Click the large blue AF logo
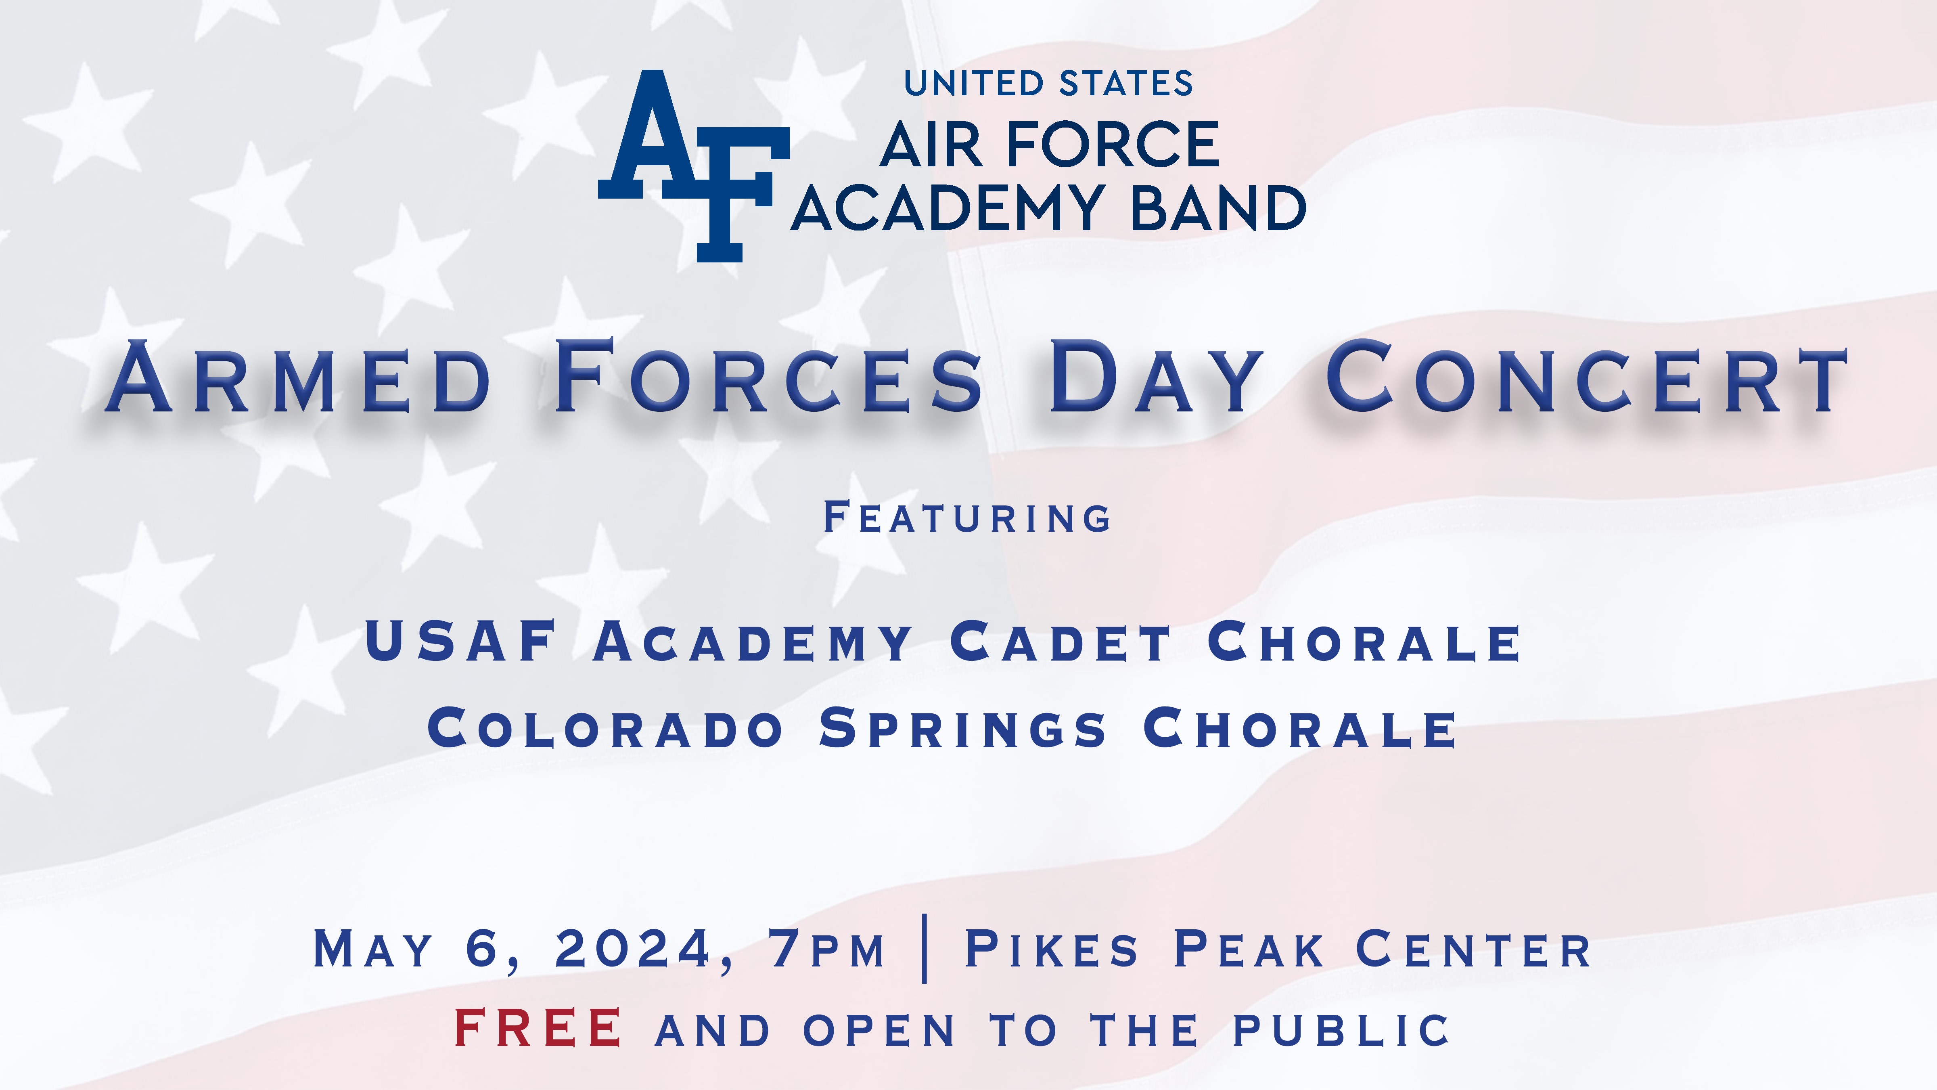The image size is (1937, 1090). (693, 166)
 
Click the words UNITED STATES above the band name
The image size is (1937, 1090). (1048, 84)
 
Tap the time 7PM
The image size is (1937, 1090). (827, 950)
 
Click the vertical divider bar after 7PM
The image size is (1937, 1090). (924, 949)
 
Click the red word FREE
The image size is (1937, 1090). (538, 1028)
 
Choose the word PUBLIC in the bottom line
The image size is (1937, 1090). (1341, 1030)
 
